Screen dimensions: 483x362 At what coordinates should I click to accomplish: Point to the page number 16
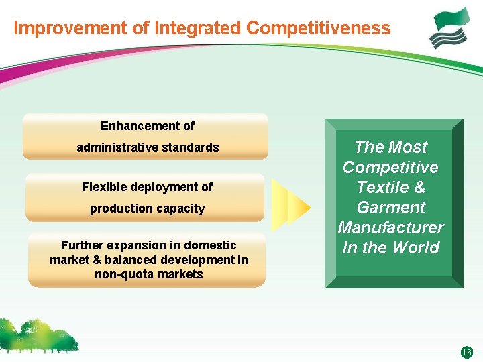click(x=467, y=352)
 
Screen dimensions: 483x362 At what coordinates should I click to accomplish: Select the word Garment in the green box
click(x=391, y=207)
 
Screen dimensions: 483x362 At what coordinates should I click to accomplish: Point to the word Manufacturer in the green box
click(x=391, y=227)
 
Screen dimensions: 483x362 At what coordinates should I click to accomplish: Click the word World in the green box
click(x=415, y=247)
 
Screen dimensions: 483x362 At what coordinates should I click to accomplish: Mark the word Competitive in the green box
click(x=390, y=167)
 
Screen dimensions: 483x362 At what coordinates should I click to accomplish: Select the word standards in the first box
click(x=191, y=147)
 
